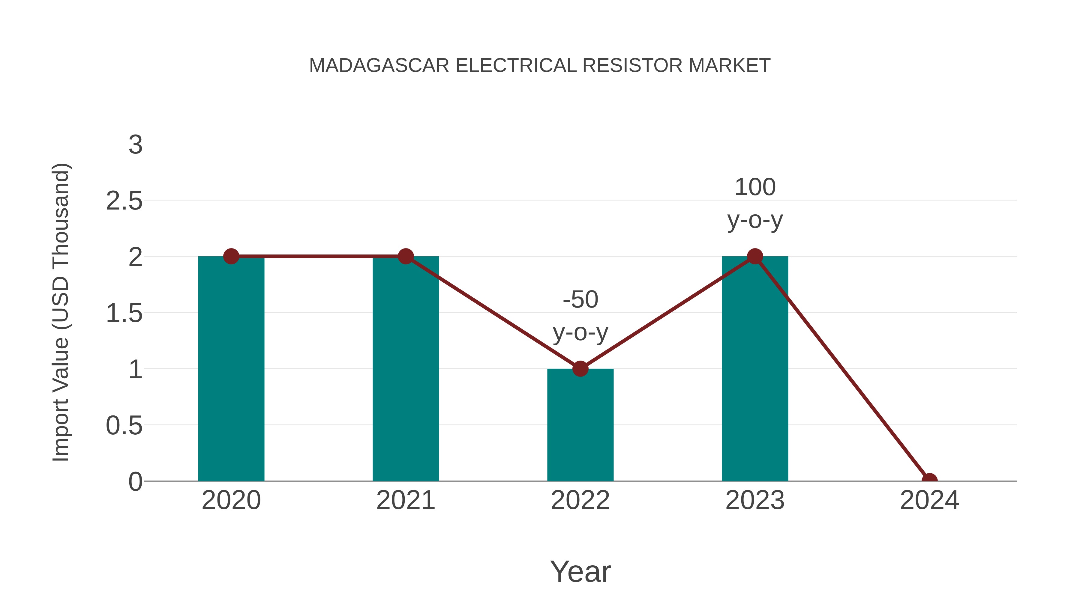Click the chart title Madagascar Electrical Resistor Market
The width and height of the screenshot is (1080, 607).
tap(540, 66)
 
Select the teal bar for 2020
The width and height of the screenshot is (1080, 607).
tap(231, 369)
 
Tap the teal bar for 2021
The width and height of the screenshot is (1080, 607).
tap(405, 369)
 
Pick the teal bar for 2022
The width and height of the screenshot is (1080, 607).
tap(580, 425)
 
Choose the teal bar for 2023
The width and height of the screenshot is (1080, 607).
tap(755, 369)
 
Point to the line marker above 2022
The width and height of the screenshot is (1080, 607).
tap(580, 369)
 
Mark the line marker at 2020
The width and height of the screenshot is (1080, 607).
tap(231, 256)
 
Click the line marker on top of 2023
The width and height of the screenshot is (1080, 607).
tap(755, 256)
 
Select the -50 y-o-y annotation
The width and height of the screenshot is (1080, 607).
tap(580, 316)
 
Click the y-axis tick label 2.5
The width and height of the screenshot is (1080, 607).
tap(124, 201)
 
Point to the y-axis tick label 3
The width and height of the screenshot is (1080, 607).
tap(135, 145)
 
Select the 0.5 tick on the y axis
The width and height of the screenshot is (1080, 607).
tap(124, 426)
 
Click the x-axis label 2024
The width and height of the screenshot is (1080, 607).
tap(929, 500)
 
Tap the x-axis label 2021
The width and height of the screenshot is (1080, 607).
tap(405, 500)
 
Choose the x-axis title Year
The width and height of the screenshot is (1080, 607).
tap(580, 571)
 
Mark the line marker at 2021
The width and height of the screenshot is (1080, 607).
tap(405, 256)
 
